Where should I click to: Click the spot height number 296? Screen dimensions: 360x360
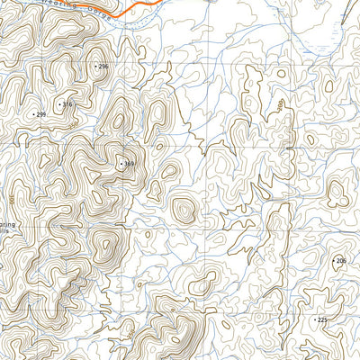(103, 67)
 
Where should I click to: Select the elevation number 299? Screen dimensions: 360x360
(40, 115)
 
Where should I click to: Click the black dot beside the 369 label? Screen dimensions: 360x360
(121, 164)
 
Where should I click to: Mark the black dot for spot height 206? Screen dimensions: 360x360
(334, 261)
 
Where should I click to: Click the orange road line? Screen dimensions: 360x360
(135, 9)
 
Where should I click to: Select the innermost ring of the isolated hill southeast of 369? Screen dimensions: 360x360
(184, 211)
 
